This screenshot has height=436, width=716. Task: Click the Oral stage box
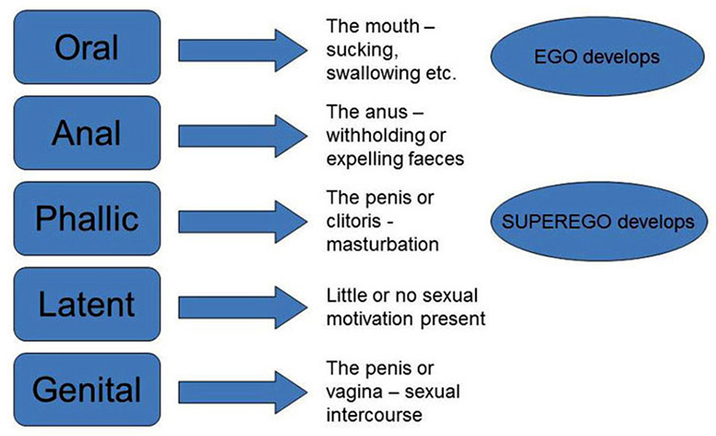click(87, 47)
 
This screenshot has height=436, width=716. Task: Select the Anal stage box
click(87, 132)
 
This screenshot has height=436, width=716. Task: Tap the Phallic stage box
click(87, 218)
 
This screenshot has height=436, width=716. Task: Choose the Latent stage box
click(87, 304)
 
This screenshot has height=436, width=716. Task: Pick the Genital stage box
click(87, 390)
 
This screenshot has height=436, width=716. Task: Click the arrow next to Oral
click(243, 50)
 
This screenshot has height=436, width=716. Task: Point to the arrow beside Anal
click(243, 136)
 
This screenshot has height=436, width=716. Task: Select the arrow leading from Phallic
click(243, 222)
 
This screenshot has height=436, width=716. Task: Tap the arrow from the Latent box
click(243, 308)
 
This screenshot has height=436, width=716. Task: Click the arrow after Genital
click(243, 393)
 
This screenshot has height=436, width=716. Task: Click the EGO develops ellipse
click(597, 56)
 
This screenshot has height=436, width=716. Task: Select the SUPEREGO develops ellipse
click(598, 222)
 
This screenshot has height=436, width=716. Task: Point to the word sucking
click(361, 50)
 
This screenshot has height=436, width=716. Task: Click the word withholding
click(376, 135)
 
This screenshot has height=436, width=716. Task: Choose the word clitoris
click(353, 221)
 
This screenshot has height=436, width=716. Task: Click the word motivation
click(370, 319)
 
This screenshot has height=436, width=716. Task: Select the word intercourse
click(374, 415)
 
